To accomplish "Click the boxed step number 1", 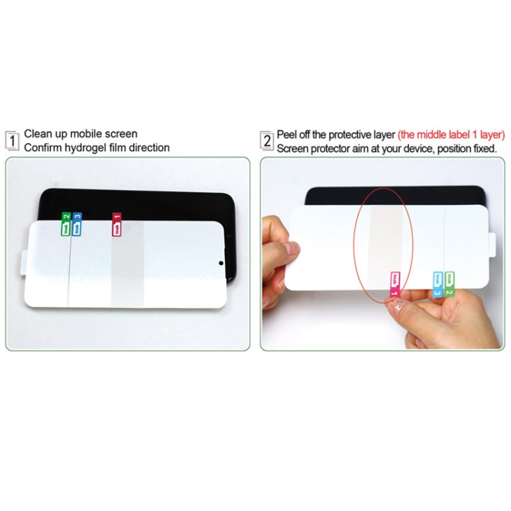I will coord(12,140).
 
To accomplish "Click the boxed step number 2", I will coord(266,140).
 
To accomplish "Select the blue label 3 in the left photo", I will coord(77,225).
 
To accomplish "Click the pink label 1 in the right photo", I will coord(394,285).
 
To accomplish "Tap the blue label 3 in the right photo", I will coord(438,284).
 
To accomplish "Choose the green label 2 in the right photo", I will coord(450,283).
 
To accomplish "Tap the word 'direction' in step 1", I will coord(149,147).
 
